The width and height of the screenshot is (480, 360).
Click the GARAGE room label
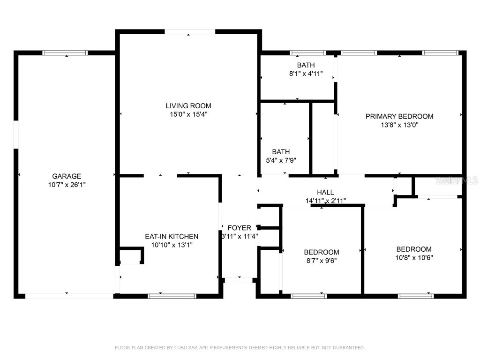(x=66, y=176)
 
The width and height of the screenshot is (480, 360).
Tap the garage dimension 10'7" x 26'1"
(x=66, y=185)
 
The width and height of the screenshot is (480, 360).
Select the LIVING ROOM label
(x=188, y=105)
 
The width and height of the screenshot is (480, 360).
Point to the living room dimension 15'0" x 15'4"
(x=188, y=114)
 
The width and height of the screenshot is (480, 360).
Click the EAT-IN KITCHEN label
(x=171, y=236)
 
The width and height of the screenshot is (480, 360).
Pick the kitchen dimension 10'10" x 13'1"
(x=171, y=245)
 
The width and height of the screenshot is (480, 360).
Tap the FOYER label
(x=239, y=228)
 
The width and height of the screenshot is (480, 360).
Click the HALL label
(x=325, y=192)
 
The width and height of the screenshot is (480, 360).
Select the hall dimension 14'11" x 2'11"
(x=325, y=201)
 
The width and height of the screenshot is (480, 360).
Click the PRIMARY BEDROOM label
(x=399, y=116)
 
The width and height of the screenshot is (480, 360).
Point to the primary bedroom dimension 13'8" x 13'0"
(x=399, y=125)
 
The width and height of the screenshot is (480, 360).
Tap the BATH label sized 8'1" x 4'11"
(x=306, y=65)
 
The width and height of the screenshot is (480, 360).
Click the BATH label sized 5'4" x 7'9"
(x=281, y=152)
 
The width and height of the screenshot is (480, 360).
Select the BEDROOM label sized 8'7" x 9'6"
(x=321, y=252)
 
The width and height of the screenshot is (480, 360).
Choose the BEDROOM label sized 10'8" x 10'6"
(x=414, y=249)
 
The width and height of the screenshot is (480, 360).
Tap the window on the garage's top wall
(x=65, y=53)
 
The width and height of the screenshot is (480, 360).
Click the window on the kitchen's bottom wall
(x=172, y=296)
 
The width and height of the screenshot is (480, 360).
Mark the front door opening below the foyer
(x=239, y=280)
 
